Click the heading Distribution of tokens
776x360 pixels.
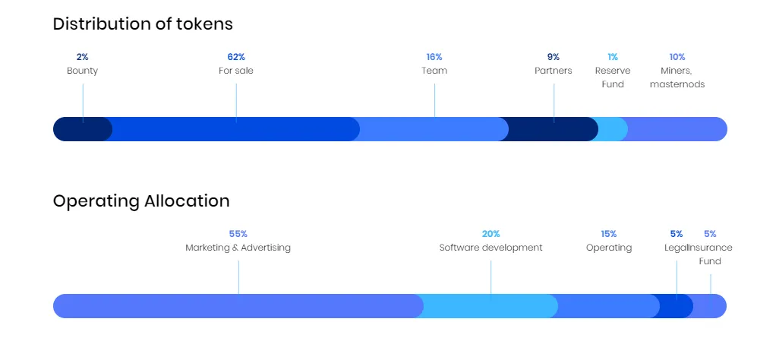(143, 24)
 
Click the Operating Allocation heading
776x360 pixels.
(141, 201)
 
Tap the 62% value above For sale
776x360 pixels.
(236, 57)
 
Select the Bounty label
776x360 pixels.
(83, 71)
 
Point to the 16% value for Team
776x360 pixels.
(434, 57)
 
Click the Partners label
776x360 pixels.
(554, 71)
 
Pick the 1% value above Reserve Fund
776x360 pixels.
(613, 57)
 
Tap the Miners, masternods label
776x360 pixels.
(677, 77)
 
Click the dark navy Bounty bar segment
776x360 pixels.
(82, 129)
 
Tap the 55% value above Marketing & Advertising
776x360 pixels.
(238, 234)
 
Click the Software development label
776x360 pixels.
(491, 248)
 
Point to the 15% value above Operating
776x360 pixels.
(609, 234)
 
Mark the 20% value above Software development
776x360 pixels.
(491, 234)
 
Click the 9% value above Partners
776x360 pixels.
(554, 57)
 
